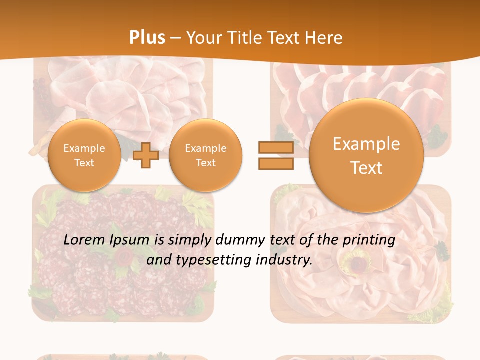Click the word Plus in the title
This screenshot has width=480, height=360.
click(147, 38)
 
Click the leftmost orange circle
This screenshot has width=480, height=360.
click(84, 155)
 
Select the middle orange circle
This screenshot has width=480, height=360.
click(205, 155)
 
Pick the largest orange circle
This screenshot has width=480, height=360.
click(366, 155)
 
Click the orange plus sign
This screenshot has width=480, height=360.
click(146, 155)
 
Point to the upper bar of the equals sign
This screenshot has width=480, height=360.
click(276, 147)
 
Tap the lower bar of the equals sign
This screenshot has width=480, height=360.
click(276, 164)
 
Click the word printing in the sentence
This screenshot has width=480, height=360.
click(369, 240)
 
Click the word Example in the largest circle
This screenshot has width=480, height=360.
click(366, 144)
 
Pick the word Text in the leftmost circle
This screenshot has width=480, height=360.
click(84, 163)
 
